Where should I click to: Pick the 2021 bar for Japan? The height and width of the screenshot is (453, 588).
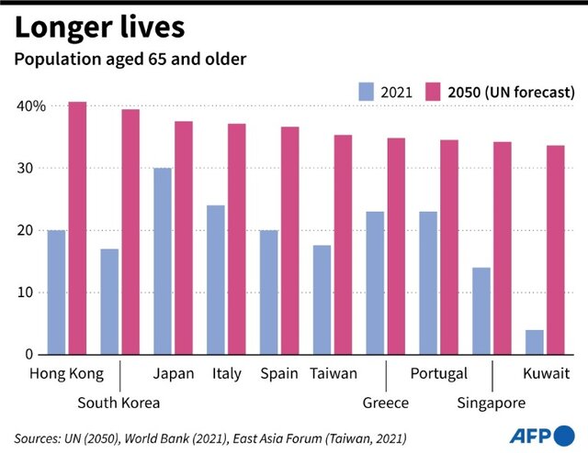click(163, 261)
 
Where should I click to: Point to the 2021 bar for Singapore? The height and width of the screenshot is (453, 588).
click(481, 311)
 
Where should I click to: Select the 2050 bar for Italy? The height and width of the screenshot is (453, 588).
click(237, 238)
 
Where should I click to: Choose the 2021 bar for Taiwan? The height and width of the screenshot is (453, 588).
click(322, 299)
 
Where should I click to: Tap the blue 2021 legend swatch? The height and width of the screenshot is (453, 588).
click(367, 92)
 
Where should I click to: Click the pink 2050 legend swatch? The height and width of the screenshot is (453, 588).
click(435, 92)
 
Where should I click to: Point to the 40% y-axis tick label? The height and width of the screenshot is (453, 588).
click(31, 106)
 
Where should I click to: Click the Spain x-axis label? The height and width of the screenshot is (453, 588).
click(277, 374)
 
